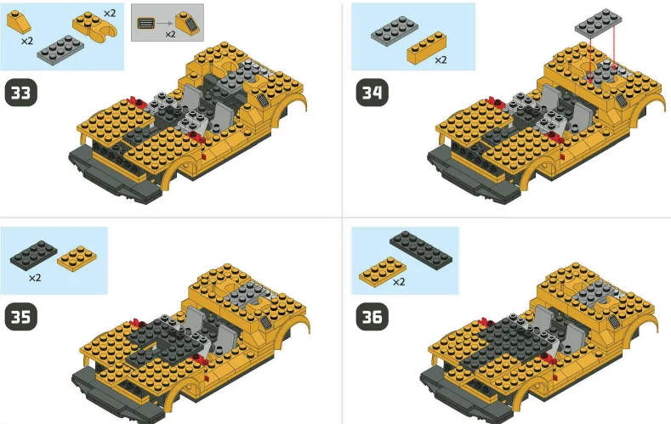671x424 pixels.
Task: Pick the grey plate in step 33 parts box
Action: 60,48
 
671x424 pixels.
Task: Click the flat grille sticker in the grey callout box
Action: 147,23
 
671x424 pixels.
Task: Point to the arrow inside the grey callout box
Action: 168,23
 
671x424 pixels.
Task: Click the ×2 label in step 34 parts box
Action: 441,60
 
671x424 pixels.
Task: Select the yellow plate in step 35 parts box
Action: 77,257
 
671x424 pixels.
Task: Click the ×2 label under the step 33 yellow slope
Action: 27,41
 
